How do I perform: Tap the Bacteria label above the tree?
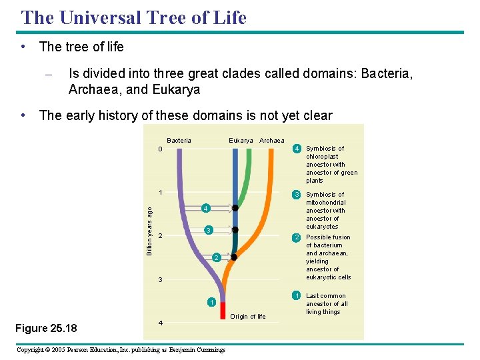(x=179, y=141)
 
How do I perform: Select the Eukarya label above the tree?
(x=241, y=141)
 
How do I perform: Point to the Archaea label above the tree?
(x=271, y=141)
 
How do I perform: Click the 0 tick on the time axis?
(x=160, y=149)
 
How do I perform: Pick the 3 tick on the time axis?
(x=160, y=279)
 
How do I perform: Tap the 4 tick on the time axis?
(x=160, y=323)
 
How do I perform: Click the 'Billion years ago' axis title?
(x=149, y=231)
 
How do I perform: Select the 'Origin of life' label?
(x=248, y=317)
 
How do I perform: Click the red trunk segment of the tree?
(x=223, y=310)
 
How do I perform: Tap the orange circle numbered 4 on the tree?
(x=205, y=209)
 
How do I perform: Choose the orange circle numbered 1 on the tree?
(x=211, y=303)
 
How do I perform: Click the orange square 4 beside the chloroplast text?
(x=298, y=149)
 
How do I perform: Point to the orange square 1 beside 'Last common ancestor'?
(x=298, y=296)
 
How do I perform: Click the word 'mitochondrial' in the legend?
(x=325, y=203)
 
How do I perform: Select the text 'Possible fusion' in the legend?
(x=328, y=237)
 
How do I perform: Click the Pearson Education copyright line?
(x=121, y=350)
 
